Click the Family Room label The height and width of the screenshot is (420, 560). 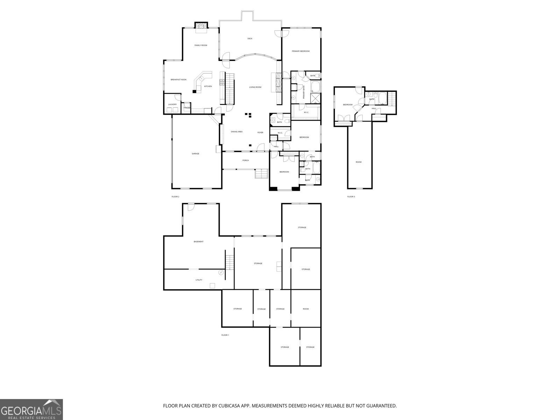pos(201,45)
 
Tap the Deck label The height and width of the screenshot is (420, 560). pos(250,38)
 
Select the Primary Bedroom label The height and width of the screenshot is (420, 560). pos(301,51)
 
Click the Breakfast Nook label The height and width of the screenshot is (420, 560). pos(178,80)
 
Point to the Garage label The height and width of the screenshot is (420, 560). pos(195,154)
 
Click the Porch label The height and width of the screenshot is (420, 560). pos(246,161)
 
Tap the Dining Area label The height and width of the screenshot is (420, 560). pos(237,132)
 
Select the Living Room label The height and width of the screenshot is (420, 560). pos(255,87)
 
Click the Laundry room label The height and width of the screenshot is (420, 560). pos(172,104)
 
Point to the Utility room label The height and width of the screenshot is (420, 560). pos(199,280)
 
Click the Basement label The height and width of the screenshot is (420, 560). pos(198,242)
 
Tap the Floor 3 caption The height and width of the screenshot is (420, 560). pos(351,197)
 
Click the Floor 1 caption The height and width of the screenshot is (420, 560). pos(225,335)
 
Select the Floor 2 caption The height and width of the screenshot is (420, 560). pos(175,197)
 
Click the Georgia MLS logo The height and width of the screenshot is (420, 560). pos(31,409)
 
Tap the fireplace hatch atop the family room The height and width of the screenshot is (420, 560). pos(201,26)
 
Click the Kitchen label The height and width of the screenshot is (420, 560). pos(208,86)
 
